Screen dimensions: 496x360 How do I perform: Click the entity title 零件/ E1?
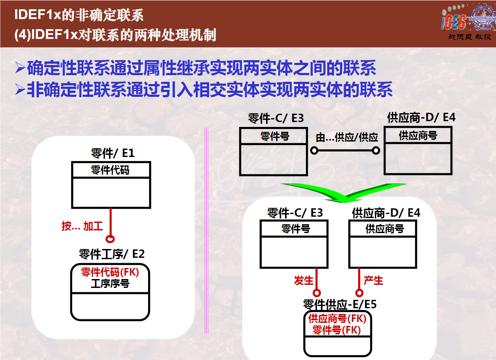113,153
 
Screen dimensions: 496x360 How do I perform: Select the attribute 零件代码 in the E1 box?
110,170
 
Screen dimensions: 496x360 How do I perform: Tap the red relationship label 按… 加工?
82,226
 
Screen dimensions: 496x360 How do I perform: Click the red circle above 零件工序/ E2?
110,238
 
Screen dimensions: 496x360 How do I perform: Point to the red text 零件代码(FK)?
110,272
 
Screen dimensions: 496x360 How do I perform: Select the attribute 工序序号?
110,283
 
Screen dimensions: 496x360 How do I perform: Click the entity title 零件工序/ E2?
112,254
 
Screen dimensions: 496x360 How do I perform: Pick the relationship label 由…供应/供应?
347,137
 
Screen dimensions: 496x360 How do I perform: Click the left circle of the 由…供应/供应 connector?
314,150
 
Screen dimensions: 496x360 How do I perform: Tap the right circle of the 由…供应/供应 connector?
376,150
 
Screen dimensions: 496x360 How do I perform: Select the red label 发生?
303,280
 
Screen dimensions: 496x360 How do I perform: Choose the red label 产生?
373,280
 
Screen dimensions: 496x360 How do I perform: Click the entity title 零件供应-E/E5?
340,304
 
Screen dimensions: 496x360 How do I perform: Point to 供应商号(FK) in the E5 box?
337,318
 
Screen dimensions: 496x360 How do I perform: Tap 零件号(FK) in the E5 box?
336,330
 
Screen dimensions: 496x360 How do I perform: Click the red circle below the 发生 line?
317,293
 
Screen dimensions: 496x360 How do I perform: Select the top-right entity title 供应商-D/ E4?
421,118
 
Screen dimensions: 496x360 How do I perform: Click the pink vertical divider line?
206,230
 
